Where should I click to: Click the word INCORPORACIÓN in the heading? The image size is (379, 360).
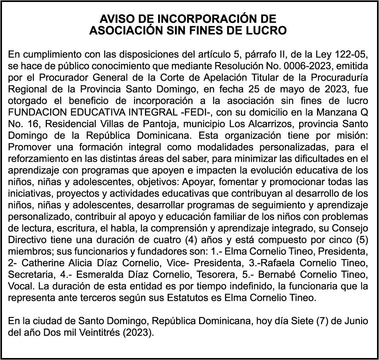(210, 19)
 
